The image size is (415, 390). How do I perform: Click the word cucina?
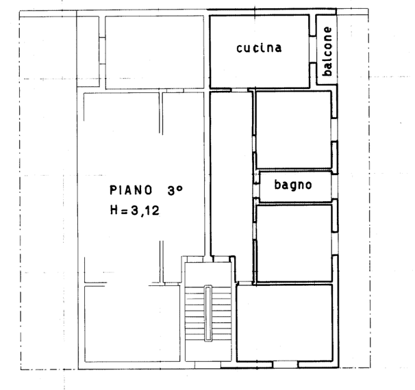point(259,48)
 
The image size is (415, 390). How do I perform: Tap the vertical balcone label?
point(328,52)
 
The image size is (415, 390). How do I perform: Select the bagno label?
point(293,185)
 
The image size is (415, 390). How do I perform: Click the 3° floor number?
point(175,190)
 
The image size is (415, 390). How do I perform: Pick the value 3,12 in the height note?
point(145,211)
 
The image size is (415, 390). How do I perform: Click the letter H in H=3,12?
point(114,211)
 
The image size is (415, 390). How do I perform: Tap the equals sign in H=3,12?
point(124,211)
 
